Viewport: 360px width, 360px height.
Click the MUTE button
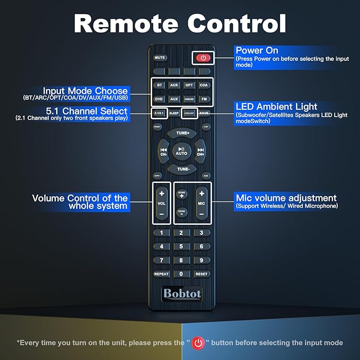click(160, 57)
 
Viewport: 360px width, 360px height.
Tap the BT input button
click(160, 85)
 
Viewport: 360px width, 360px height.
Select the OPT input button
click(189, 85)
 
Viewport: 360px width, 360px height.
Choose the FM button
click(204, 99)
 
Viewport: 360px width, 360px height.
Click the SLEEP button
click(174, 113)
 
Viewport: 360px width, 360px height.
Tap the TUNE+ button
click(182, 133)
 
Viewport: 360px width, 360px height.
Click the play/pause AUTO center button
click(181, 151)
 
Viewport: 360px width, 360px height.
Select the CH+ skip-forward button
click(201, 151)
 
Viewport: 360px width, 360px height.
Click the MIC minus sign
click(201, 214)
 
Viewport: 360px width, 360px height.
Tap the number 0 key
click(181, 274)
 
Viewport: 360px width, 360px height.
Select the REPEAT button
click(161, 274)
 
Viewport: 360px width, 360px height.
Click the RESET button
click(201, 274)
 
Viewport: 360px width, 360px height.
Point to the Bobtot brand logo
click(181, 293)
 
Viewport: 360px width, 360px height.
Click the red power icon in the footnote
click(198, 343)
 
